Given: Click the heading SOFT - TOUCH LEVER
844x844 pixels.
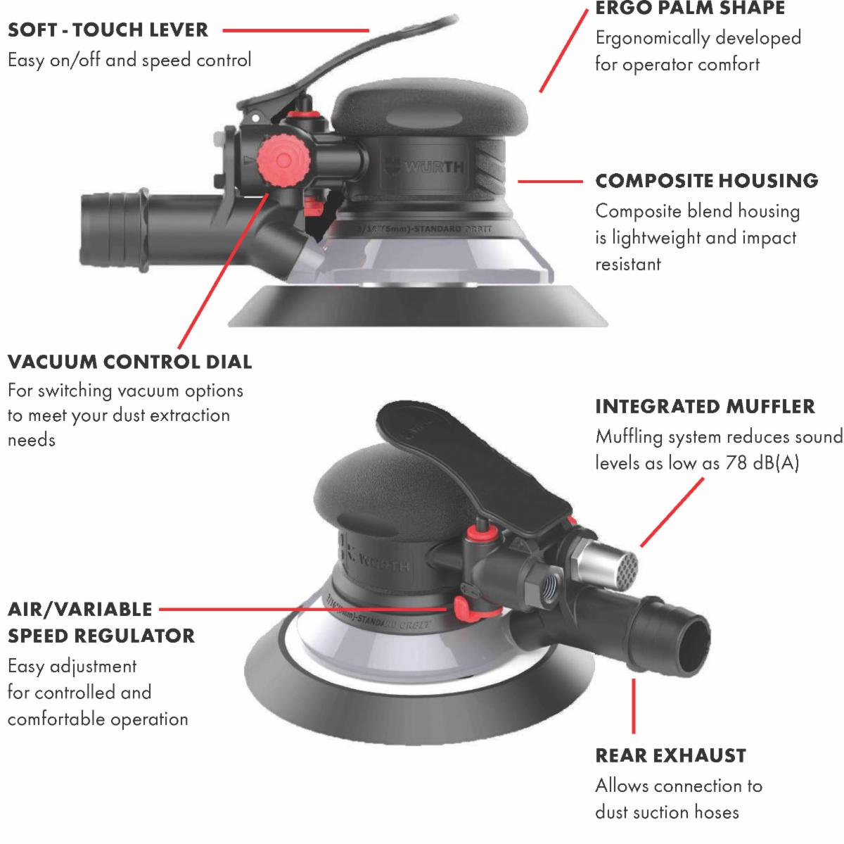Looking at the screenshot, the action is (x=108, y=30).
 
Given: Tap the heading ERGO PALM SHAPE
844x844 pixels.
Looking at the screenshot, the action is (x=690, y=8).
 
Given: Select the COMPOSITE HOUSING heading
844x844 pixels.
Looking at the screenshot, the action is (x=706, y=181).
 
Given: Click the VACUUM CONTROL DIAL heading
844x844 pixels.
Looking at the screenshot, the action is (x=129, y=362).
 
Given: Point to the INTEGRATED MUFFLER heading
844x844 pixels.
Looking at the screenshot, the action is (x=705, y=406).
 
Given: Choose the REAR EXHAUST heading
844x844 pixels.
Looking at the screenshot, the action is (x=670, y=755).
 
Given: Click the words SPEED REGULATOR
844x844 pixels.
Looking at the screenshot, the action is (x=101, y=636).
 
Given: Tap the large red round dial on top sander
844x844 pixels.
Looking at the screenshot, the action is (x=283, y=161).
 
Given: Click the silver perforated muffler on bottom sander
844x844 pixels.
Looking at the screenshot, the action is (x=610, y=565).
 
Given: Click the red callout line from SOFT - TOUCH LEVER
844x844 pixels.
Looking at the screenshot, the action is (x=295, y=30).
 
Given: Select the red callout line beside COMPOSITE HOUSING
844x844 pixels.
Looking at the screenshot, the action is (x=550, y=181).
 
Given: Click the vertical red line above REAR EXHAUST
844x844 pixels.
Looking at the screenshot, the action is (x=633, y=706).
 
